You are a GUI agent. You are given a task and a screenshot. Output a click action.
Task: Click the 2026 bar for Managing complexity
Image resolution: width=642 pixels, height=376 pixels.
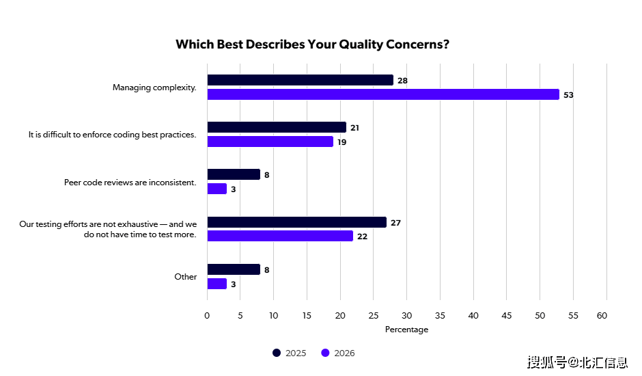[382, 94]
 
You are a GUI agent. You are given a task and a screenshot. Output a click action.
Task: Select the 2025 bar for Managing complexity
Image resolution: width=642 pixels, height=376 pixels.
[300, 80]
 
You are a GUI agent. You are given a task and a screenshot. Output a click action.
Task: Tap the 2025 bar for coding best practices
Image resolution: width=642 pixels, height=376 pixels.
[277, 127]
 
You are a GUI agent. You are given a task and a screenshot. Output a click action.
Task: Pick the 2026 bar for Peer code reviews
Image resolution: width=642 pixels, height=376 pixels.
[217, 189]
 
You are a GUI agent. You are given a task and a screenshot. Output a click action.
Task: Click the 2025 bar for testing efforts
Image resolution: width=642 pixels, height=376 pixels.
[296, 222]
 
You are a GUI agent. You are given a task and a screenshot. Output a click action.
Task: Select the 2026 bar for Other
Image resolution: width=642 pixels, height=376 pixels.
[217, 284]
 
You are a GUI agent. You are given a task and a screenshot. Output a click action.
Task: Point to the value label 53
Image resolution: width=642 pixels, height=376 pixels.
[568, 95]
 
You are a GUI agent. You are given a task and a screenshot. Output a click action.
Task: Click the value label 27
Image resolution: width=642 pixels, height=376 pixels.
[395, 223]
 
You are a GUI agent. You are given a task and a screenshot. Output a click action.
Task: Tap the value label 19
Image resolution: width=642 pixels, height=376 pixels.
[342, 142]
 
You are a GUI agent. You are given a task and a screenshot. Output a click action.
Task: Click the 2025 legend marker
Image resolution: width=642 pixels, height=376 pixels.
[277, 353]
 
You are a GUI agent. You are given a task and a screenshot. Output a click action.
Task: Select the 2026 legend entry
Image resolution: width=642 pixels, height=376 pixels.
[338, 353]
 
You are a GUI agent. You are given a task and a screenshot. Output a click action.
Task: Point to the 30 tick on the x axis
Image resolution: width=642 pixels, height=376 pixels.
[407, 315]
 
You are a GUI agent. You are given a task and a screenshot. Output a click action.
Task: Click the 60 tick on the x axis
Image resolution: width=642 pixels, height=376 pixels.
[602, 315]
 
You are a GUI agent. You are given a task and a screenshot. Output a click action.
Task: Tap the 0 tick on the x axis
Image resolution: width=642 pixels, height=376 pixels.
[207, 315]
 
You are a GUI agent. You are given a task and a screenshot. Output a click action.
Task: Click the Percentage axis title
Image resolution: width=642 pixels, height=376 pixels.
[406, 330]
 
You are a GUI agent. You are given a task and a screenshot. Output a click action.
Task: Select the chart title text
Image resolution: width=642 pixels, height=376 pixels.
[312, 44]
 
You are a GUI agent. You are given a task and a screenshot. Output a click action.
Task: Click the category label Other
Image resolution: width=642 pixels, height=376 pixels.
[185, 277]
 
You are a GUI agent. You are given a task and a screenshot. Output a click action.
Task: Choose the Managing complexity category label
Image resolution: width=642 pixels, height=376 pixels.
[154, 88]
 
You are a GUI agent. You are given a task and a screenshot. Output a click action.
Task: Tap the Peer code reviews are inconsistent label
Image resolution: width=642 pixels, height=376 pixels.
[130, 183]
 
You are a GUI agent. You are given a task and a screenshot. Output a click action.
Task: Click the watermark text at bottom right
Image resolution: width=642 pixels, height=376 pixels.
[577, 362]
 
